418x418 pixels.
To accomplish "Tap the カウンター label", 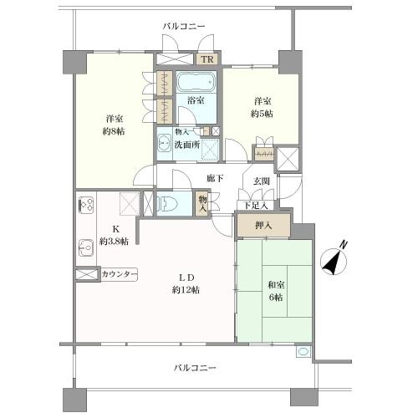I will (x=119, y=274).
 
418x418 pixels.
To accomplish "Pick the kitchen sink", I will (x=84, y=246).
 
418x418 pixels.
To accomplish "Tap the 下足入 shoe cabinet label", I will (x=254, y=205).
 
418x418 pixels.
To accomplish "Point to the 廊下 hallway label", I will (x=216, y=178).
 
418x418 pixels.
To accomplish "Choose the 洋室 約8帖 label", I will (x=115, y=125).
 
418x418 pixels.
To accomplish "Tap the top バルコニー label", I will (x=184, y=27).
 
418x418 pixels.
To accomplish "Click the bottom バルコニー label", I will (x=196, y=367).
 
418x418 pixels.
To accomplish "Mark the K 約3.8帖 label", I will (x=113, y=236).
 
